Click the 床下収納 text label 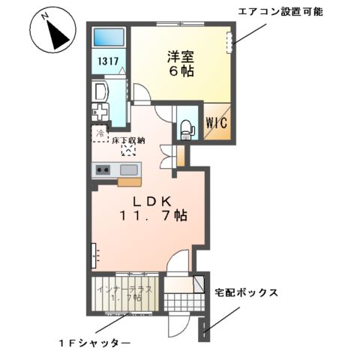point(129,140)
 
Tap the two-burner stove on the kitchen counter point(103,170)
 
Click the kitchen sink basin point(127,169)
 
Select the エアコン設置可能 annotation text point(280,13)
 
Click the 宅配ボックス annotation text point(247,292)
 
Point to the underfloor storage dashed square point(128,151)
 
